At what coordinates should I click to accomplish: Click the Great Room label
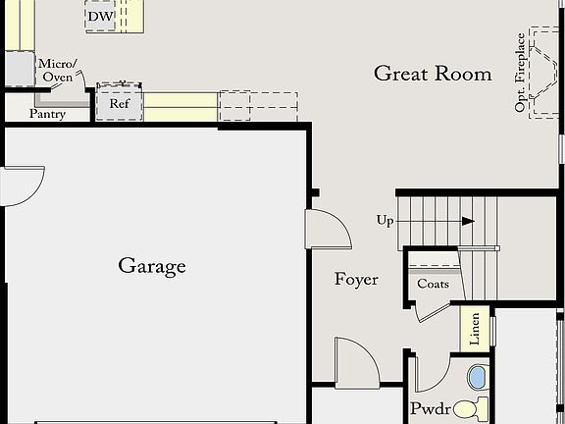click(x=433, y=74)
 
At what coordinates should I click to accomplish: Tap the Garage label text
click(x=152, y=265)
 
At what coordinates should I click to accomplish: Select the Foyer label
click(x=356, y=280)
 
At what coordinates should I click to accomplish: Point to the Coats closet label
click(x=433, y=285)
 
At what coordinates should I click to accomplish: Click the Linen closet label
click(x=475, y=329)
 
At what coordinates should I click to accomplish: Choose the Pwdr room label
click(x=429, y=408)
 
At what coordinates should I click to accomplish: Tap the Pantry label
click(x=47, y=114)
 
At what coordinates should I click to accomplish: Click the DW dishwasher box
click(x=99, y=18)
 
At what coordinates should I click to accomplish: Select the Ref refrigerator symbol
click(x=120, y=103)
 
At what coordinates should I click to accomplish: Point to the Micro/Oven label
click(x=56, y=70)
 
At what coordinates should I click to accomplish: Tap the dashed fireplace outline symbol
click(x=543, y=74)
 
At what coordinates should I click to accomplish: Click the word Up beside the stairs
click(x=385, y=220)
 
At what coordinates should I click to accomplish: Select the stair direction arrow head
click(x=468, y=221)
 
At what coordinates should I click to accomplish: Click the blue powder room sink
click(x=478, y=377)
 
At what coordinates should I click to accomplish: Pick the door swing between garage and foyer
click(x=328, y=229)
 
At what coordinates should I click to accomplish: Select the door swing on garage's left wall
click(x=22, y=185)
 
